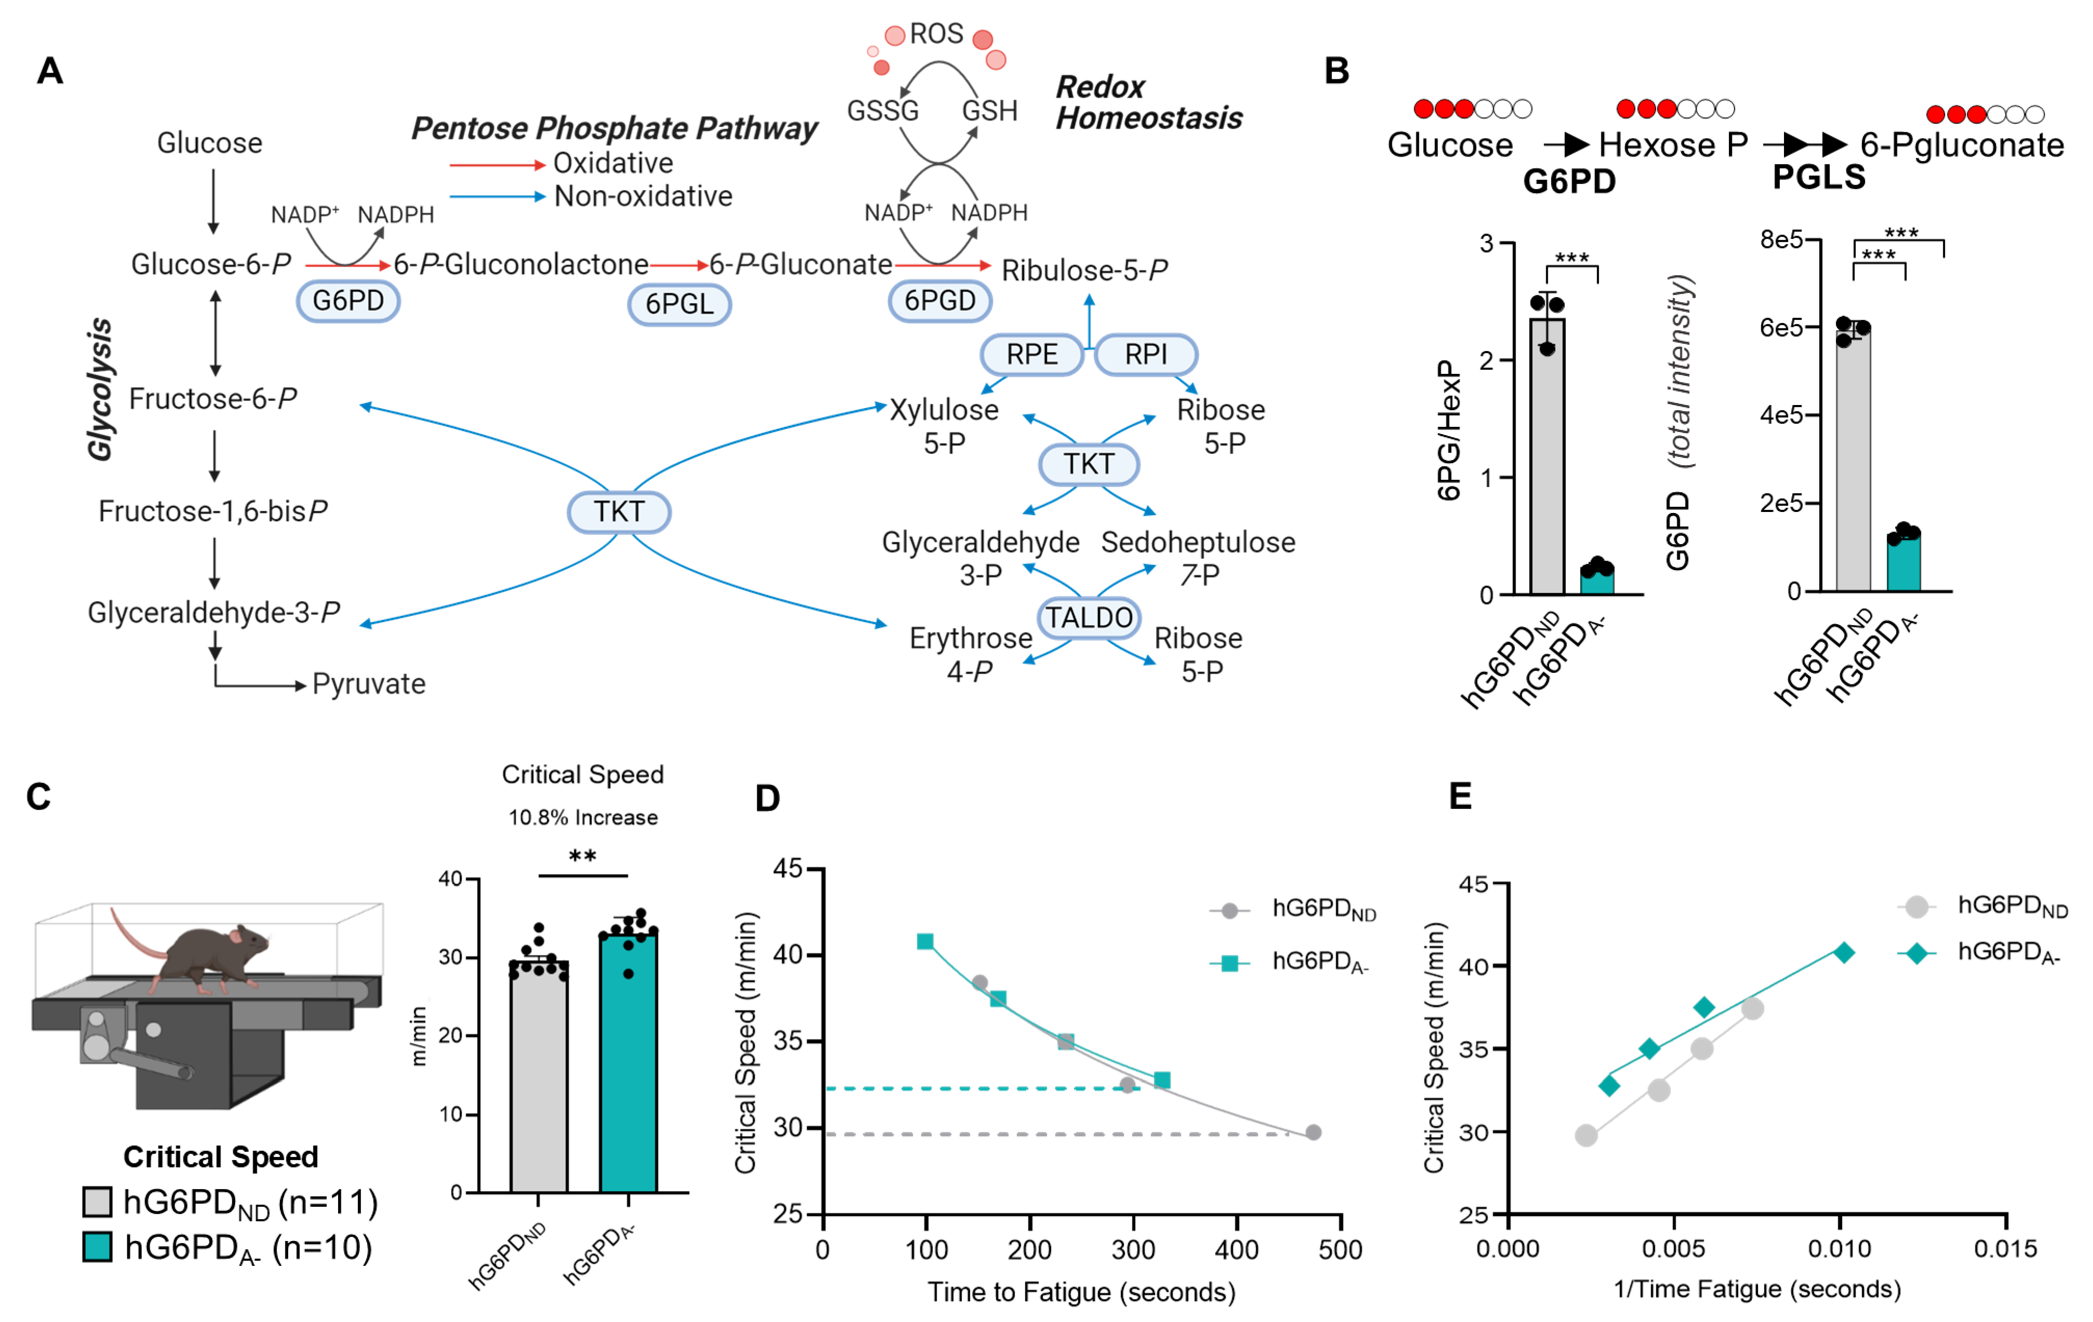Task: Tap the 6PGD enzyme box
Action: [x=940, y=301]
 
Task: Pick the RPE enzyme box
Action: [x=1032, y=355]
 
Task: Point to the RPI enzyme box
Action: [x=1146, y=355]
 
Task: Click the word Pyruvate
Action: [x=369, y=684]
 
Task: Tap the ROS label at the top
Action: [x=936, y=34]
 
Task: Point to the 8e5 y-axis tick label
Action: [x=1780, y=240]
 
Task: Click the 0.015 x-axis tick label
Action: [x=2004, y=1249]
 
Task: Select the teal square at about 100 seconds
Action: [x=925, y=941]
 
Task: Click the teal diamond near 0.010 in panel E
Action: [x=1844, y=953]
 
